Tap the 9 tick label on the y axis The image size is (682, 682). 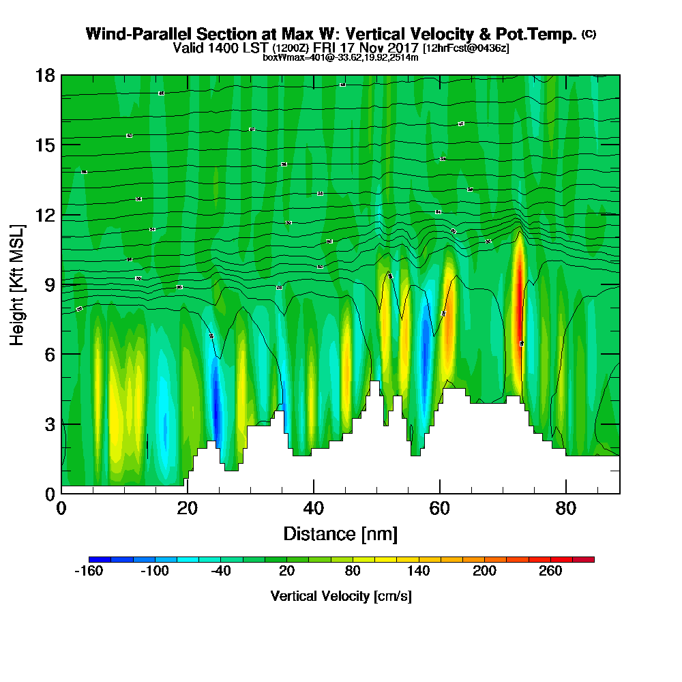pos(50,284)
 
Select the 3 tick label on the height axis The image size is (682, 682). pos(50,424)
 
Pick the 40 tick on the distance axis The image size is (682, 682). pos(313,509)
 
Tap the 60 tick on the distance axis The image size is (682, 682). pos(440,509)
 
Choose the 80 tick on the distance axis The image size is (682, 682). pos(566,509)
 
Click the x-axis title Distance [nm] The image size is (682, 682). pos(340,533)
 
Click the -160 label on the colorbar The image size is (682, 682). pos(88,572)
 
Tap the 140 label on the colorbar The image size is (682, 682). pos(419,572)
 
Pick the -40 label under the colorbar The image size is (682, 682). pos(220,572)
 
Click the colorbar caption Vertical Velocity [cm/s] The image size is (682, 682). pos(340,596)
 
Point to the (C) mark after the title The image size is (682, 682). pos(589,33)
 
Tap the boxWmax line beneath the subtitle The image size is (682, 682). pos(340,57)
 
